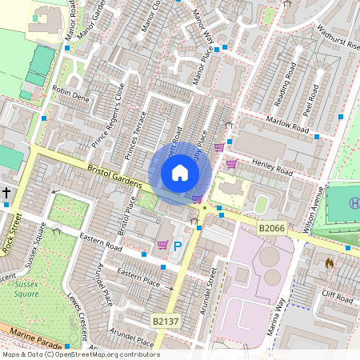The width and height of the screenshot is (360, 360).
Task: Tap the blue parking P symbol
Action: coord(178,246)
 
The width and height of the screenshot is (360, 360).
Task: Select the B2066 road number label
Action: coord(271,229)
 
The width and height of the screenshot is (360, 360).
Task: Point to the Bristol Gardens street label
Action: coord(104,175)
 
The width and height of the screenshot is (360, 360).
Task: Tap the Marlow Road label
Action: coord(288,126)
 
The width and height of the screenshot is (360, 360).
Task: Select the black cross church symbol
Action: coord(6,193)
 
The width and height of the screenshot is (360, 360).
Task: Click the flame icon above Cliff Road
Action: coord(329,262)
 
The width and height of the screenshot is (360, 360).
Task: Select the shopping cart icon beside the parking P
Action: coord(162,245)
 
